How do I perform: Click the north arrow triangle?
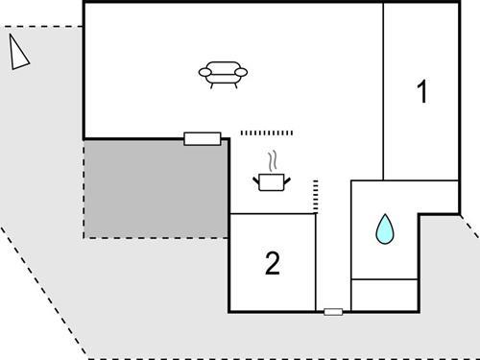(18, 53)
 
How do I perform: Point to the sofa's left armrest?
(204, 71)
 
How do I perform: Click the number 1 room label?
(420, 92)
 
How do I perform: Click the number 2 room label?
(273, 262)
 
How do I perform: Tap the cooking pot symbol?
(272, 180)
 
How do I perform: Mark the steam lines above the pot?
(275, 158)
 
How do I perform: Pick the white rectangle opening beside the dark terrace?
(203, 138)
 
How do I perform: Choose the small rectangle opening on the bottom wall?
(333, 311)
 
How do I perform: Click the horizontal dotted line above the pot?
(265, 132)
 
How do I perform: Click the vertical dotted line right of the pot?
(315, 195)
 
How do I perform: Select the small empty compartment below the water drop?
(384, 294)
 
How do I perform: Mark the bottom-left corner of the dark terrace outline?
(84, 237)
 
